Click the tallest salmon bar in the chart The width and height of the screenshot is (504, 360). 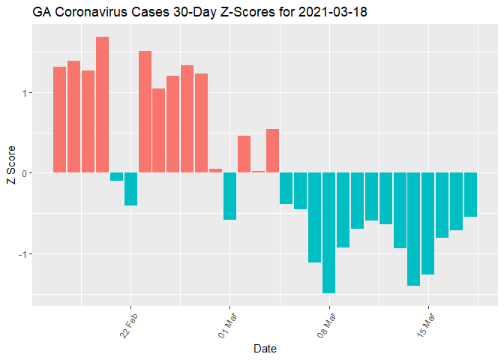[102, 104]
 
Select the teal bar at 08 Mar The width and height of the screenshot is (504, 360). [328, 232]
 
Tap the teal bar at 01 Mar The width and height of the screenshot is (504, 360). [229, 196]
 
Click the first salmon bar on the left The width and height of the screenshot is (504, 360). [60, 119]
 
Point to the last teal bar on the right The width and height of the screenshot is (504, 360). [470, 194]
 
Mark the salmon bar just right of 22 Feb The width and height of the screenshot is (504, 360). [145, 112]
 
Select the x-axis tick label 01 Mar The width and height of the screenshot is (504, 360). [227, 323]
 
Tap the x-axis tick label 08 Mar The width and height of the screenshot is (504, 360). [326, 323]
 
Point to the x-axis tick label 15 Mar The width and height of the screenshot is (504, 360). [425, 323]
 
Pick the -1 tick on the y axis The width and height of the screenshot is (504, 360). [22, 253]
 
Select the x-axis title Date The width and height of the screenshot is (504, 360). [265, 348]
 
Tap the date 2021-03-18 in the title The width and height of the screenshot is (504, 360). [333, 13]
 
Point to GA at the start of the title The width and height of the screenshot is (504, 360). [41, 13]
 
